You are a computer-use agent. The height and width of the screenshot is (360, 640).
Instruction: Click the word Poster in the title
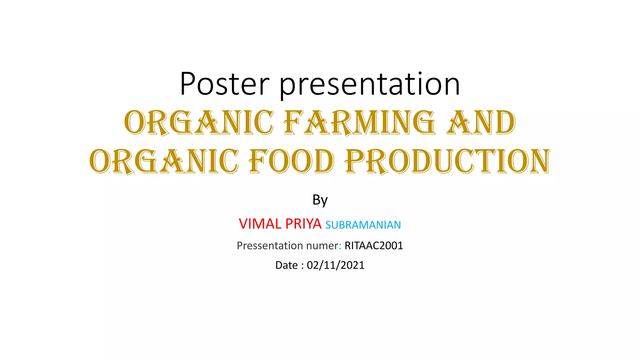click(x=224, y=84)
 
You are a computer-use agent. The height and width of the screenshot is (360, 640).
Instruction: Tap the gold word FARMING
click(x=359, y=122)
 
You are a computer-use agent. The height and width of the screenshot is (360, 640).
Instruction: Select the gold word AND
click(x=481, y=122)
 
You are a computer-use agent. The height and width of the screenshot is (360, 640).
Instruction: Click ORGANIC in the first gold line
click(x=199, y=122)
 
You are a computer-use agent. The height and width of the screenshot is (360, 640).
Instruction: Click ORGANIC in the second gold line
click(x=164, y=161)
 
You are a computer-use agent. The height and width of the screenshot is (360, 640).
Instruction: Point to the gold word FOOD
click(x=291, y=161)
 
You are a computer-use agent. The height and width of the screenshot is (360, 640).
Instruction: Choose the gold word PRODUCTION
click(x=447, y=161)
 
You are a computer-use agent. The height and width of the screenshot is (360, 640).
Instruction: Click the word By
click(x=320, y=200)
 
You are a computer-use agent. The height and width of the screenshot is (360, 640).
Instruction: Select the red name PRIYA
click(x=303, y=224)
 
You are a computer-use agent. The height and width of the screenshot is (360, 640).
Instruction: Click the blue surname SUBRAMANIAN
click(x=363, y=225)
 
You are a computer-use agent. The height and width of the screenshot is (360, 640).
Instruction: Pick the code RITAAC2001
click(x=374, y=246)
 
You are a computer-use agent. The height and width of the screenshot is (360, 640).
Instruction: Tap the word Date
click(x=286, y=265)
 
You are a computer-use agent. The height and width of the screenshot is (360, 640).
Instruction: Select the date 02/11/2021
click(x=336, y=265)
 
